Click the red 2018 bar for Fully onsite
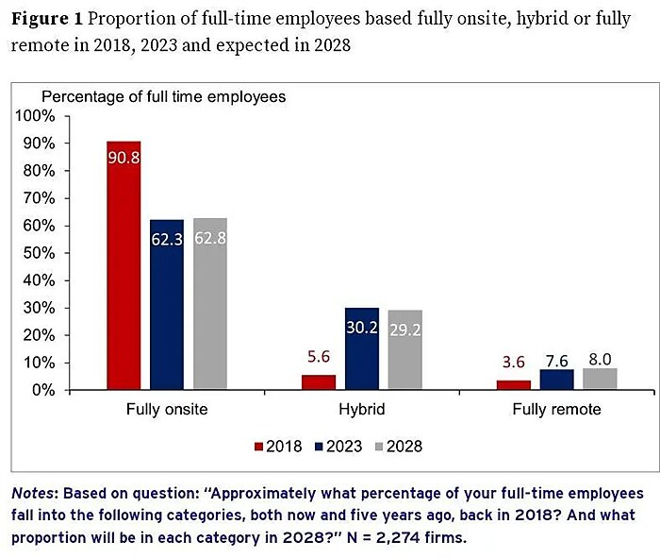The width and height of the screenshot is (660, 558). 124,274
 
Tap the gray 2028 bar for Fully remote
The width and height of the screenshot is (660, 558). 600,379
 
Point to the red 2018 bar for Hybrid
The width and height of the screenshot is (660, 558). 319,382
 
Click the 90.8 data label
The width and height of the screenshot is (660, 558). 124,157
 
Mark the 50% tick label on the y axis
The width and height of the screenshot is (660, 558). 40,253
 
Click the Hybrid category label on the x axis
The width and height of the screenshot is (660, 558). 362,411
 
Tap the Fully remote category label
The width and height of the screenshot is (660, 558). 556,411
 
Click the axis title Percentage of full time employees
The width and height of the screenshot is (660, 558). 163,96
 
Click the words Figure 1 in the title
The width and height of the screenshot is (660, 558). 46,20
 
